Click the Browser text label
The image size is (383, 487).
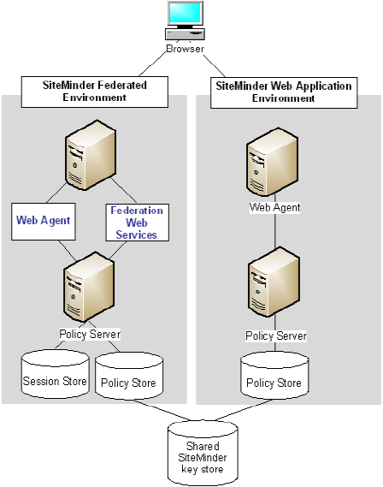pos(186,49)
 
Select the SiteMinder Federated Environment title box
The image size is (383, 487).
pos(95,92)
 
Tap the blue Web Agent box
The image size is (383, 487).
pos(43,220)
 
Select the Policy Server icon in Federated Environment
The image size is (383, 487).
pos(89,291)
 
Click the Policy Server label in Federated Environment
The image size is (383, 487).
pos(89,334)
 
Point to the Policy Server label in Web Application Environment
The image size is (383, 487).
pos(275,336)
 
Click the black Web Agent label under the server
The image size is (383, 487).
pos(274,207)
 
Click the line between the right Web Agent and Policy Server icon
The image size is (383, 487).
pos(274,233)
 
